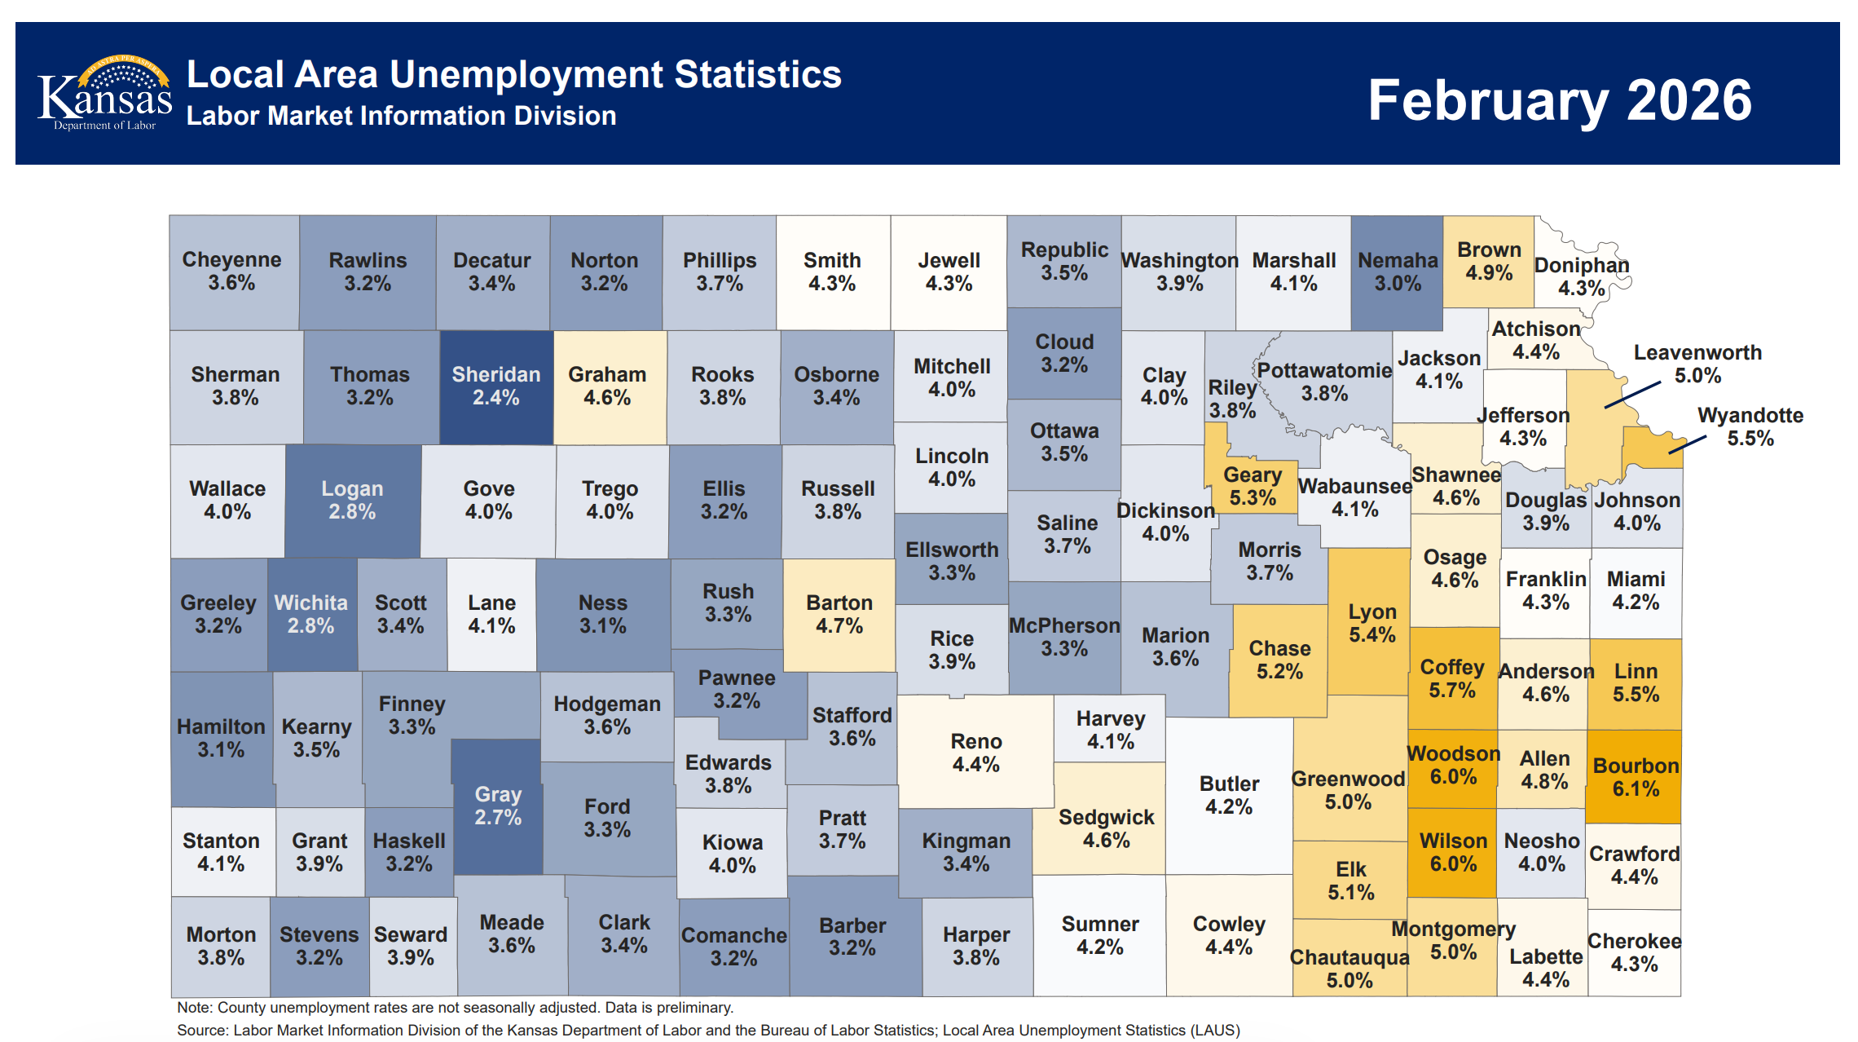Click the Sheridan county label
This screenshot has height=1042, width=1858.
495,375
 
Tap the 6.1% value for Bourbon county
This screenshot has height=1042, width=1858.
1636,789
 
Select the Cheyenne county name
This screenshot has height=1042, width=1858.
231,260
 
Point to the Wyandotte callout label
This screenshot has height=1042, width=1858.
1750,416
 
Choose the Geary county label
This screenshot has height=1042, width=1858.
1253,475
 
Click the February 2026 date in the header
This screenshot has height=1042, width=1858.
1559,100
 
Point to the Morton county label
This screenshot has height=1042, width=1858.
221,935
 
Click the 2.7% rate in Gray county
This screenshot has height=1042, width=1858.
498,817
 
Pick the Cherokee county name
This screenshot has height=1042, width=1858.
1634,942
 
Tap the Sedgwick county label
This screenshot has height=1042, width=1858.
1106,818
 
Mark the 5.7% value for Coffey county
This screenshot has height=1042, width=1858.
1451,691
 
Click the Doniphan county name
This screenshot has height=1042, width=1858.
1581,266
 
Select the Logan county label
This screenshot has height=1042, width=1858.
351,489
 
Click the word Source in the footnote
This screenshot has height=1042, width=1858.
200,1030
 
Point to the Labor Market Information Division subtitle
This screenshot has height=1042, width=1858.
401,116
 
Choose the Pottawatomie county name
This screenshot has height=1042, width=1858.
1324,371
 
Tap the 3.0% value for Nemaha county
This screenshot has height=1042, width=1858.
1398,284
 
